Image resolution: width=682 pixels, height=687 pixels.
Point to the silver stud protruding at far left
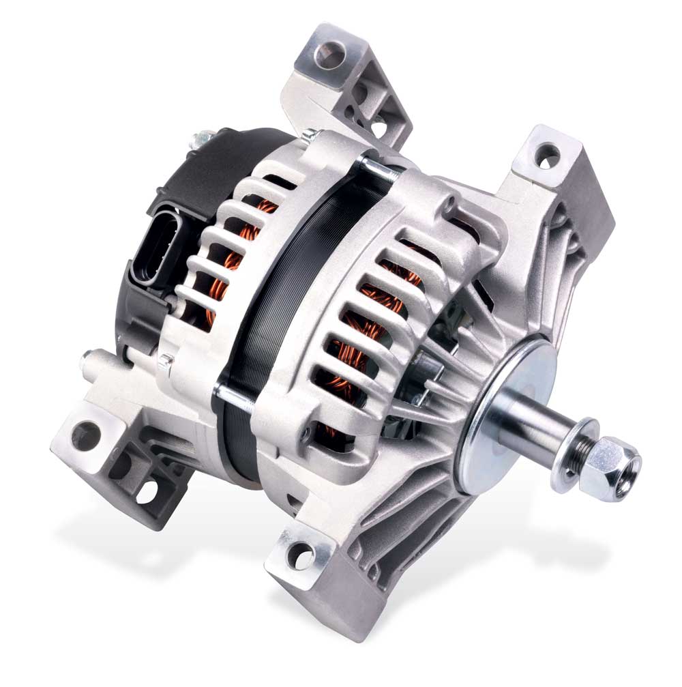point(87,356)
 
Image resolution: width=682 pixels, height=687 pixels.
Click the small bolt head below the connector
point(166,360)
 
